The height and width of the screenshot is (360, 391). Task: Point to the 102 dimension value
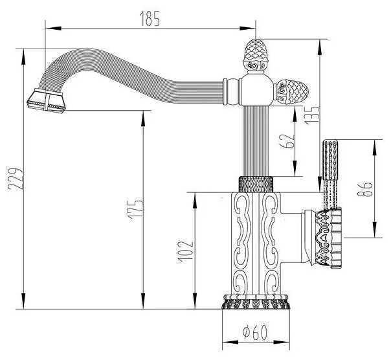click(x=186, y=247)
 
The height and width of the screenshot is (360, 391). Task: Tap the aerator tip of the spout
click(x=46, y=100)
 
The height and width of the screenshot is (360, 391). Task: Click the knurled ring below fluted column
click(x=256, y=184)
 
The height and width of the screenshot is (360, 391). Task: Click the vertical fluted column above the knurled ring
click(x=256, y=139)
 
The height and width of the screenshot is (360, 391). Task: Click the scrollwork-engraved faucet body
click(x=256, y=243)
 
